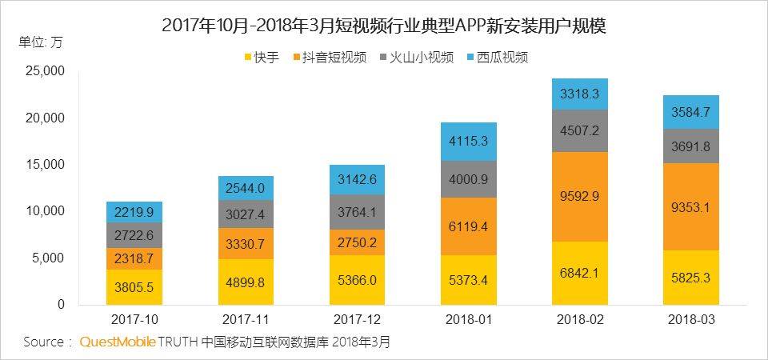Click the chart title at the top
(384, 26)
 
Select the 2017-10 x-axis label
(134, 319)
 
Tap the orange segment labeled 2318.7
(134, 258)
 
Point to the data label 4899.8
(246, 282)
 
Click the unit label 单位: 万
(34, 42)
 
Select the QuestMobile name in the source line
(117, 342)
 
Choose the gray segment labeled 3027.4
(246, 214)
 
